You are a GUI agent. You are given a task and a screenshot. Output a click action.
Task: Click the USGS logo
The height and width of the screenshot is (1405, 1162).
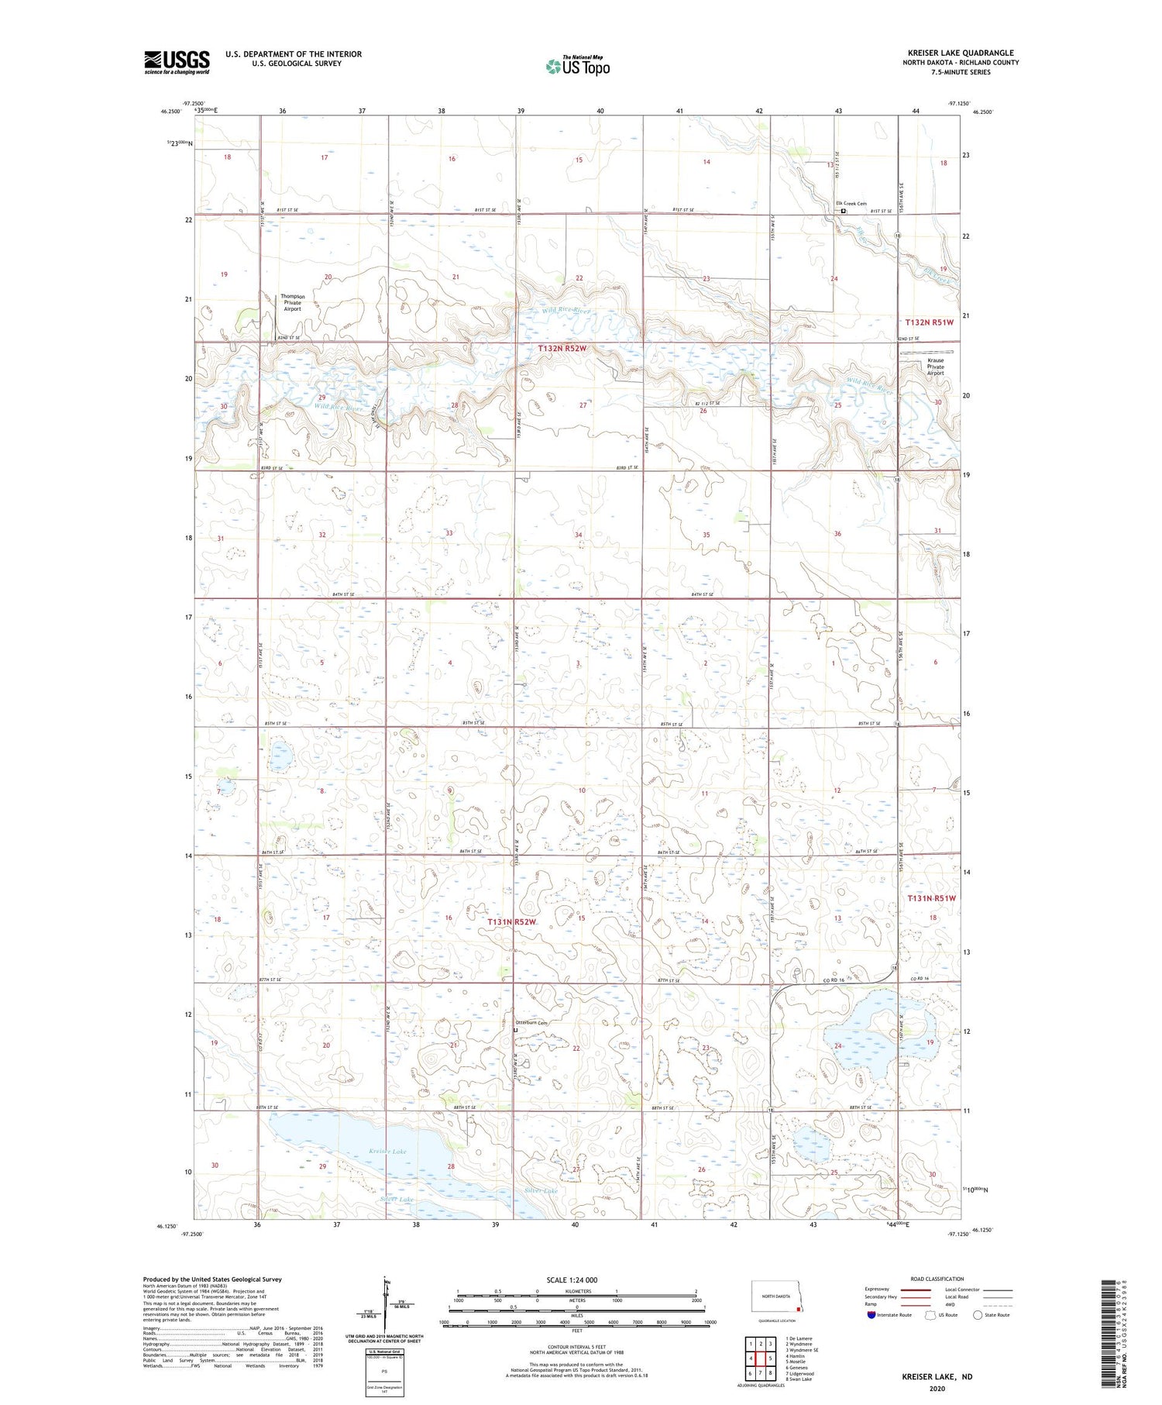coord(177,62)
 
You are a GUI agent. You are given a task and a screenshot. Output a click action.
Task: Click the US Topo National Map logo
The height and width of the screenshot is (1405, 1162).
coord(578,66)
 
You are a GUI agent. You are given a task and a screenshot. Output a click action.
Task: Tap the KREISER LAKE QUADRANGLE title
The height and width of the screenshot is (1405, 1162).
coord(961,53)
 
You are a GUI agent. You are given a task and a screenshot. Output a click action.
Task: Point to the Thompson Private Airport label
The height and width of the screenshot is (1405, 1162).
coord(292,302)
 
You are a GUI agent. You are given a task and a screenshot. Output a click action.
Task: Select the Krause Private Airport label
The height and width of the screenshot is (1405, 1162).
coord(936,367)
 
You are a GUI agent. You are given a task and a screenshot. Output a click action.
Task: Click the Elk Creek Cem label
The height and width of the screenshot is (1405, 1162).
coord(851,204)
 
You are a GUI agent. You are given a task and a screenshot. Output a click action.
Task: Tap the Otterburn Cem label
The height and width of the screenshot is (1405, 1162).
coord(531,1023)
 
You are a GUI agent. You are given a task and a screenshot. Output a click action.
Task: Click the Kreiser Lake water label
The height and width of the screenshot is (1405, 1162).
coord(387,1152)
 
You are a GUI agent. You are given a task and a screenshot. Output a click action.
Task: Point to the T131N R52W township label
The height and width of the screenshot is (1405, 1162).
coord(511,921)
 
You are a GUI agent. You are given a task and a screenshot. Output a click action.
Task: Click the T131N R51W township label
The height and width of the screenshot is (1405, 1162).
coord(931,898)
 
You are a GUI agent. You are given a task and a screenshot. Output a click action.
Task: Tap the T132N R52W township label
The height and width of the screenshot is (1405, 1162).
coord(562,349)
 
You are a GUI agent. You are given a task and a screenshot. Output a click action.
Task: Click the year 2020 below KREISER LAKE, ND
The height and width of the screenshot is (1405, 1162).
coord(937,1388)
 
